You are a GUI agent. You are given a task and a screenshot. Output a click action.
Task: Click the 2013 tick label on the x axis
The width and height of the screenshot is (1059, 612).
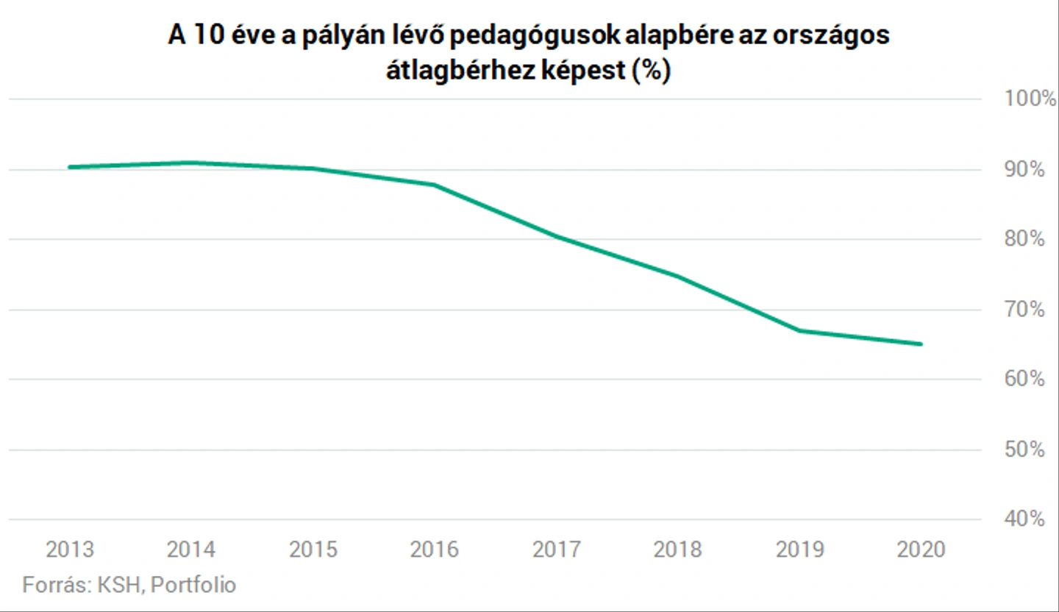coord(70,549)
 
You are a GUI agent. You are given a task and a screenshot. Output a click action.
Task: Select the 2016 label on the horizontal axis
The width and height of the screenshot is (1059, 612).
coord(434,549)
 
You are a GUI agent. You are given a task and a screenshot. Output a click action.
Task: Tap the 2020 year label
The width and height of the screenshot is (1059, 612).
coord(921,549)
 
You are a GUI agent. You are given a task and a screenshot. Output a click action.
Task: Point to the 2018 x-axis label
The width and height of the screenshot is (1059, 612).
coord(677,549)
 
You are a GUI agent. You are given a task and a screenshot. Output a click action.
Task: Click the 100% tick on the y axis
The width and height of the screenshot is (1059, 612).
coord(1030,99)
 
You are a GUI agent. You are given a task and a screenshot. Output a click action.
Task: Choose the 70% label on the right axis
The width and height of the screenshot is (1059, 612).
coord(1024,310)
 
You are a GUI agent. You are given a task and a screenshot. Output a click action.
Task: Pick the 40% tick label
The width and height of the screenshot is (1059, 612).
coord(1024,519)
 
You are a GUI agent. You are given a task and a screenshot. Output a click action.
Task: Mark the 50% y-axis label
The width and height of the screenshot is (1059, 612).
coord(1024,449)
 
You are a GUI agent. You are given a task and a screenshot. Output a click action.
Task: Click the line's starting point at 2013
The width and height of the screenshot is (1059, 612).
coord(70,167)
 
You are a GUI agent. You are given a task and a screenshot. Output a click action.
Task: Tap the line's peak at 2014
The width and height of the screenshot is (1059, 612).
coord(191,163)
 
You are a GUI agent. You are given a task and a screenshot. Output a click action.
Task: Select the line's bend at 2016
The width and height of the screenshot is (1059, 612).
coord(434,185)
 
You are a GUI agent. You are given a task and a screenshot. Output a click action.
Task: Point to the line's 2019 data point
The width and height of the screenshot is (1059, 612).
coord(799,330)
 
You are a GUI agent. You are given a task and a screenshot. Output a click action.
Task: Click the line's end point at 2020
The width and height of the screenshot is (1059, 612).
coord(921,344)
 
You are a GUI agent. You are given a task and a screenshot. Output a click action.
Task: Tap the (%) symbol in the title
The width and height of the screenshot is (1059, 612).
coord(652,71)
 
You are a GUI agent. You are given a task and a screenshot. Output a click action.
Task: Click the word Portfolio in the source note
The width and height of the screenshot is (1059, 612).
coord(193,585)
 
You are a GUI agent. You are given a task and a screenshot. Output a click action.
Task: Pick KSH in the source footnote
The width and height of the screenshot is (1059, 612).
coord(119,585)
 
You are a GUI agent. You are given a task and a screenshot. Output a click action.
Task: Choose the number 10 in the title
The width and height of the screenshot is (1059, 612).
coord(208,36)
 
